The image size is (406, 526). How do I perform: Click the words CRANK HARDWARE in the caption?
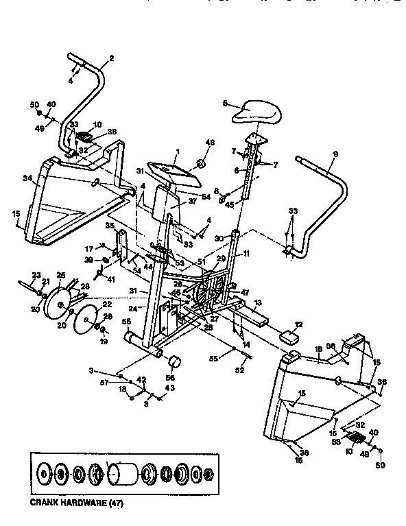[x=64, y=502]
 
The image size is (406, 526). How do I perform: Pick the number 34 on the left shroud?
[x=27, y=179]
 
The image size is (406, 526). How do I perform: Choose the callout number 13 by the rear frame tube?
[x=258, y=302]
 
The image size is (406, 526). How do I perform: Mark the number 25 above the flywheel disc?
[x=60, y=274]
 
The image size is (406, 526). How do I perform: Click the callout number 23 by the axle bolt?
[x=36, y=274]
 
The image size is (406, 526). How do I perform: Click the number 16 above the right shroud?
[x=318, y=348]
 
